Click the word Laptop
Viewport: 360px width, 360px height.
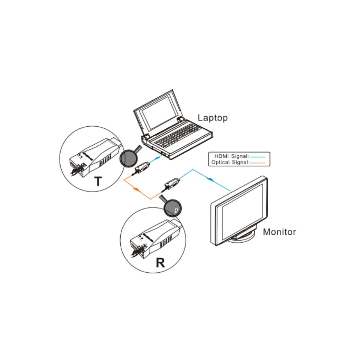tap(213, 118)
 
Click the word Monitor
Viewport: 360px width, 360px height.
tap(279, 232)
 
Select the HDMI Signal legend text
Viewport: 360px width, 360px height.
tap(232, 156)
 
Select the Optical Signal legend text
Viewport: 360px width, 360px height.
tap(230, 162)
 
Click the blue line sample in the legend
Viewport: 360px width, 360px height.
tap(257, 157)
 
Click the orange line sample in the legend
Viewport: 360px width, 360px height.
tap(257, 163)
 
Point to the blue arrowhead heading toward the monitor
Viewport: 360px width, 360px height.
tap(210, 179)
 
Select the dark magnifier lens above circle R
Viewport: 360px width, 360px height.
tap(172, 208)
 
